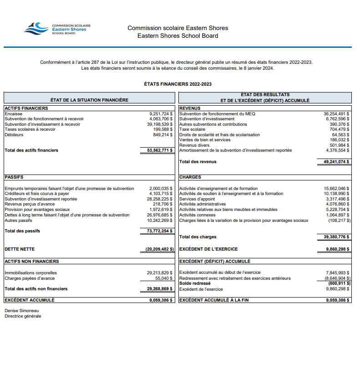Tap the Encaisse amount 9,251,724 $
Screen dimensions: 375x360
[x=161, y=113]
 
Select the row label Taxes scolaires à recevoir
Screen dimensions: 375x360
[x=30, y=129]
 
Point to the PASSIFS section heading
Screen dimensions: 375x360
[x=14, y=177]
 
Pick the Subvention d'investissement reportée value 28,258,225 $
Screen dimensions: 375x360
[x=159, y=199]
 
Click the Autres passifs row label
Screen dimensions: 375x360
[x=18, y=220]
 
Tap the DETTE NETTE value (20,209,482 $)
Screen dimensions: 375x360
[x=157, y=249]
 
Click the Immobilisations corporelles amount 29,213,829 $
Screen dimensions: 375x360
[x=159, y=273]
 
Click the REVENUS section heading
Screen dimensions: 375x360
[x=190, y=108]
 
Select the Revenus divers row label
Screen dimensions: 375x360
[x=194, y=145]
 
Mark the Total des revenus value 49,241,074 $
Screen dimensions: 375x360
[x=334, y=161]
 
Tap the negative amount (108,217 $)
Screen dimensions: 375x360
[x=339, y=220]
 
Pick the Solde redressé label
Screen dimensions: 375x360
[x=195, y=283]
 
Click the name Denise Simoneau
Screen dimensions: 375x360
[x=21, y=311]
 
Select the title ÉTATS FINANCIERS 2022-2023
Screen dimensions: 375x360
[x=177, y=84]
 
